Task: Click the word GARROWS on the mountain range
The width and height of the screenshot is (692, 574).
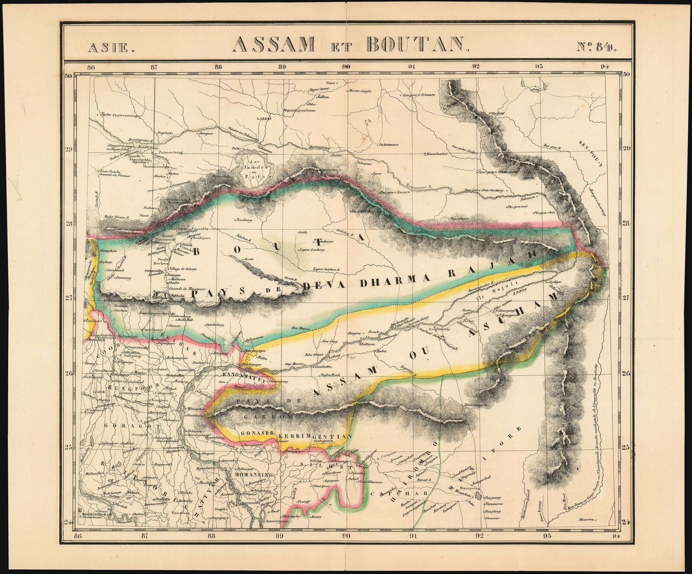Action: click(265, 418)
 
